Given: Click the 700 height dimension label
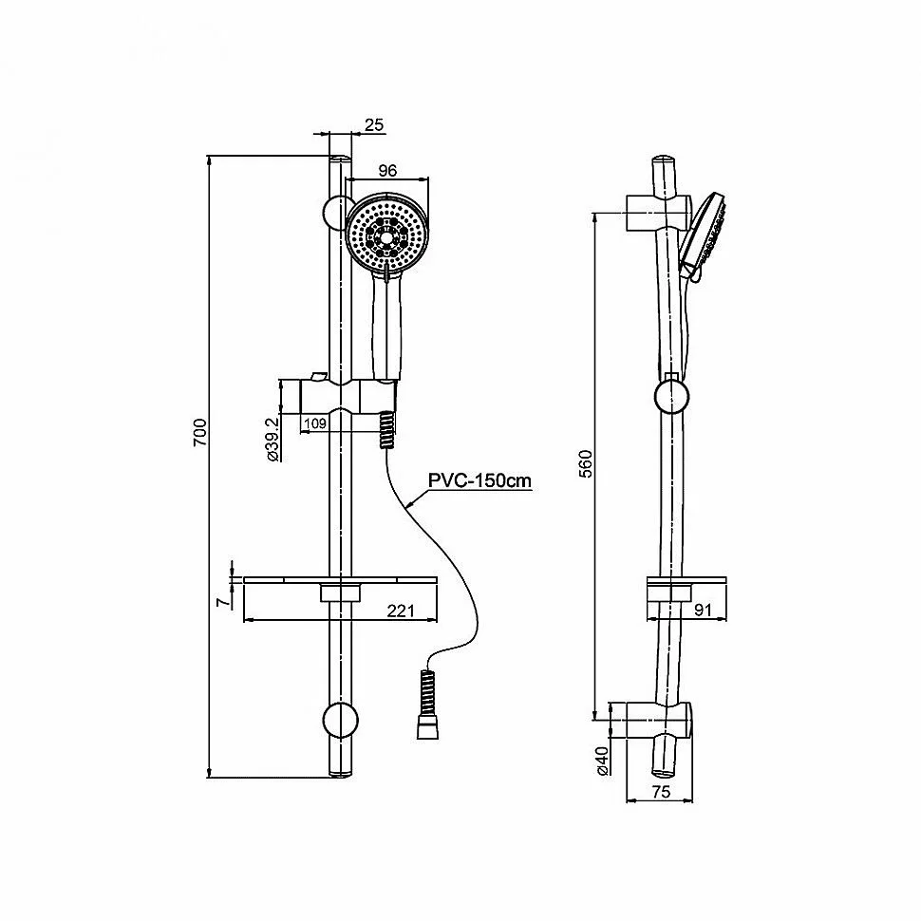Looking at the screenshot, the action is pyautogui.click(x=200, y=432).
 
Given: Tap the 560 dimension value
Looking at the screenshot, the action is pyautogui.click(x=586, y=463).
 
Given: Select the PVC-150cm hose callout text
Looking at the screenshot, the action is pyautogui.click(x=479, y=480).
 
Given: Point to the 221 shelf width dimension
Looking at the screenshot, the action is pyautogui.click(x=401, y=611).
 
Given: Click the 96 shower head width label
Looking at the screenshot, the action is pyautogui.click(x=387, y=170).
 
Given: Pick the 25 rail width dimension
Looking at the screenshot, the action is pyautogui.click(x=373, y=125).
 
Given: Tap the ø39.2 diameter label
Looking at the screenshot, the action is pyautogui.click(x=273, y=440).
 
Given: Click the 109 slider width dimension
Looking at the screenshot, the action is pyautogui.click(x=315, y=423).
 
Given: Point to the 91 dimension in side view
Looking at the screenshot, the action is pyautogui.click(x=703, y=610).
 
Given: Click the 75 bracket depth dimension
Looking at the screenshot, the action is pyautogui.click(x=661, y=792).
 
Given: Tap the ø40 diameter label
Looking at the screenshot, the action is pyautogui.click(x=603, y=761).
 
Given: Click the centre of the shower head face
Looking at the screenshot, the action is pyautogui.click(x=386, y=236).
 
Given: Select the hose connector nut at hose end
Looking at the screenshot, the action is pyautogui.click(x=427, y=730).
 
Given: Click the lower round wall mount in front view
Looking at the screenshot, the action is pyautogui.click(x=340, y=719).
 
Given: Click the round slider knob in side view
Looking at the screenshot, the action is pyautogui.click(x=671, y=397).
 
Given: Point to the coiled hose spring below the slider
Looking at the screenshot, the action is pyautogui.click(x=387, y=430).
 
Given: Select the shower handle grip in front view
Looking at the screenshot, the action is pyautogui.click(x=387, y=329).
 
